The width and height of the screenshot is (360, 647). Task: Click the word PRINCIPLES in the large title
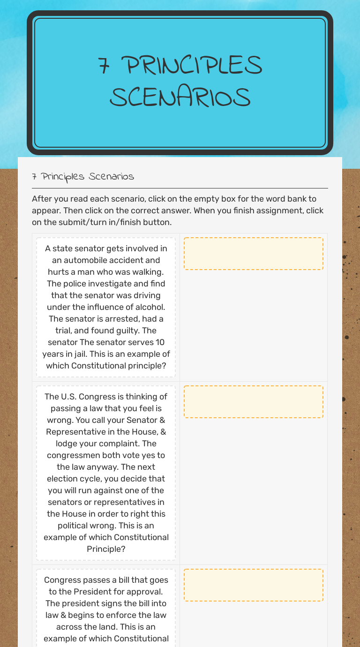(195, 66)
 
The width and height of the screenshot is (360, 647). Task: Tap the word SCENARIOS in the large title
(180, 98)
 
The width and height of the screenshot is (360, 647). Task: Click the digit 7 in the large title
(104, 66)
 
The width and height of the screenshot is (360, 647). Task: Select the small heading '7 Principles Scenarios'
(83, 177)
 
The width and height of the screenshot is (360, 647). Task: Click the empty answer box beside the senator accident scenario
(253, 254)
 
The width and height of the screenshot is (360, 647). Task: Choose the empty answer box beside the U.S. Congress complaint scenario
(253, 402)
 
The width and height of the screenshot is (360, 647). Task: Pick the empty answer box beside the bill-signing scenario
(253, 585)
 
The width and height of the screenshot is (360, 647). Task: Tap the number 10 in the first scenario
(160, 342)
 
